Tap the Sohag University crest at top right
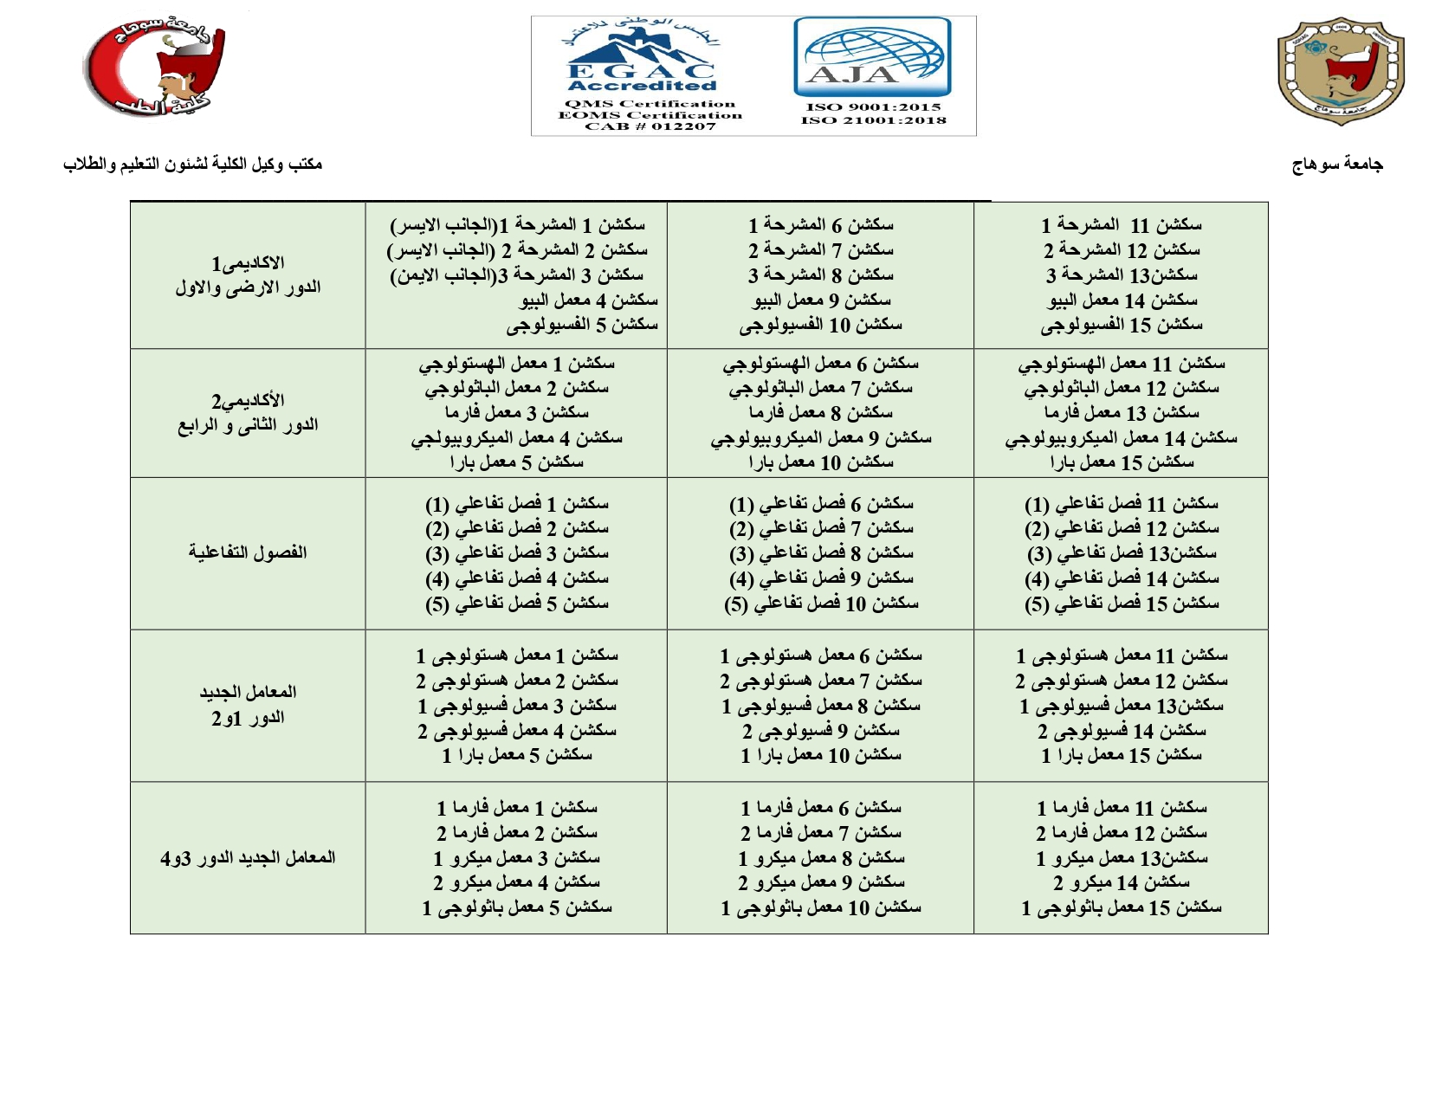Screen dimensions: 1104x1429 [x=1340, y=69]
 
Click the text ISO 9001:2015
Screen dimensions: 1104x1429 [x=873, y=107]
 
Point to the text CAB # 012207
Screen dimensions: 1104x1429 [x=650, y=126]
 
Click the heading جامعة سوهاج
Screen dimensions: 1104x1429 [x=1337, y=165]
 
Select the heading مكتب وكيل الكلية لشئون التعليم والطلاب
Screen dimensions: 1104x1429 [x=192, y=164]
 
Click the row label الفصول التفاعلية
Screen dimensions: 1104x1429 [x=248, y=552]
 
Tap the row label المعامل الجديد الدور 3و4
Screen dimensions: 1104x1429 [x=248, y=857]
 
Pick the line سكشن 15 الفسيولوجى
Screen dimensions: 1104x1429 [x=1122, y=326]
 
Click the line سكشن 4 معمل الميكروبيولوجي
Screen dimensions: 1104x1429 [x=517, y=438]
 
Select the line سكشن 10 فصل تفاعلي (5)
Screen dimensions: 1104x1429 [x=821, y=604]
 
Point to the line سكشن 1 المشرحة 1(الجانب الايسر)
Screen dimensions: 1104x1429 [x=518, y=225]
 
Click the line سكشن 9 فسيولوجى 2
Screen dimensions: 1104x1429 [x=821, y=731]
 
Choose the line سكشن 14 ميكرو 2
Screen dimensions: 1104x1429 [x=1122, y=882]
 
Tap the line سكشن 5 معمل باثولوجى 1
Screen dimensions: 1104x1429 [x=517, y=907]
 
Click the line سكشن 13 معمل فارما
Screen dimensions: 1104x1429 [x=1122, y=413]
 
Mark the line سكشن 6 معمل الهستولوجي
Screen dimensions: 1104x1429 [x=821, y=364]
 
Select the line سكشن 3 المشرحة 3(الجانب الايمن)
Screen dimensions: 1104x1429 [x=517, y=275]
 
